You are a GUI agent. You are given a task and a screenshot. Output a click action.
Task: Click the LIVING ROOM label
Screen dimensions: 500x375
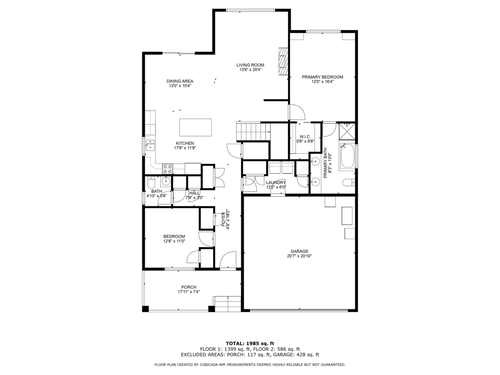250,65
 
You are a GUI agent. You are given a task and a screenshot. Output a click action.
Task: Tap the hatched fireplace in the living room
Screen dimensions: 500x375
283,61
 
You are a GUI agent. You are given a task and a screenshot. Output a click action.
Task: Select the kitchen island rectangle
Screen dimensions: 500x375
195,127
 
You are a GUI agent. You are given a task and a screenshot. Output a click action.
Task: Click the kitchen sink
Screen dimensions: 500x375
150,145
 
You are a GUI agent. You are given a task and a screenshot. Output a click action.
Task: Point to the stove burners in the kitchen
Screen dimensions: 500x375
167,169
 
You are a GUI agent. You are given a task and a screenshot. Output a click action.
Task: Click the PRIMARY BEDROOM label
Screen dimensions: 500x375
322,77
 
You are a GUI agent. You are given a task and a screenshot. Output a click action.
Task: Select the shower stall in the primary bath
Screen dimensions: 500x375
347,131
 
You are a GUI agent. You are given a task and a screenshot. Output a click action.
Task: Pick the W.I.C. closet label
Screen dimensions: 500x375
305,137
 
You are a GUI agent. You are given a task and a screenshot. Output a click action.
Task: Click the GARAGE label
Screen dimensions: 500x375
299,251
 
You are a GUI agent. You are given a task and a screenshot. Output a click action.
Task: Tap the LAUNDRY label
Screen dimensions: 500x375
276,182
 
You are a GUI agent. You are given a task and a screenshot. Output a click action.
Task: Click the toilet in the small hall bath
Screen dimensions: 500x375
151,182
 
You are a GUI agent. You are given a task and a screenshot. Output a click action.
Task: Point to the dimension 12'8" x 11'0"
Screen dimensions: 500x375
174,241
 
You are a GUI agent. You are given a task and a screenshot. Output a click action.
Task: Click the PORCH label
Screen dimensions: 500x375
189,287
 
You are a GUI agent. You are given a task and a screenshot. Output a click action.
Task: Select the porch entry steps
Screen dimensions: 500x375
227,304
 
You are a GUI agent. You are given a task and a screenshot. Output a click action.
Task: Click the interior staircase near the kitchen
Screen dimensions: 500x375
253,131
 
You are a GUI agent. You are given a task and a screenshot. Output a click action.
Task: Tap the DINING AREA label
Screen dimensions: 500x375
180,81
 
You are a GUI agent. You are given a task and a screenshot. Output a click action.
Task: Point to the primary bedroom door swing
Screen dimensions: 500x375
297,112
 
